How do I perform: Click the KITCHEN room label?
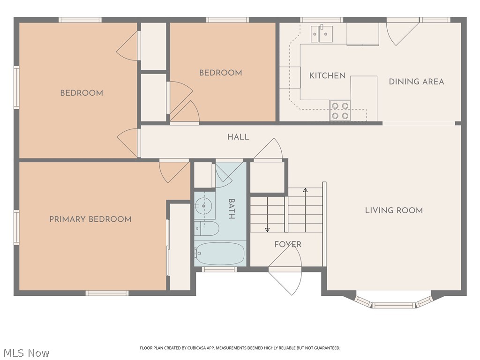(x=327, y=75)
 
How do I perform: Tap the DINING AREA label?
(x=416, y=82)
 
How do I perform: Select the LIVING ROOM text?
(x=394, y=210)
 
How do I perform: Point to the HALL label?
(x=238, y=137)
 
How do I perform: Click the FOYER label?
(x=288, y=244)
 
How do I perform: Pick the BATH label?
(x=232, y=209)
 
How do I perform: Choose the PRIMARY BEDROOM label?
(x=90, y=219)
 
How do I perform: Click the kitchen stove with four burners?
(x=340, y=111)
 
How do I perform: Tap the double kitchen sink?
(x=322, y=34)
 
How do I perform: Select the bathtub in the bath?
(x=220, y=254)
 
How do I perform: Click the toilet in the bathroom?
(x=207, y=228)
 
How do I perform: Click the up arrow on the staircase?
(x=305, y=210)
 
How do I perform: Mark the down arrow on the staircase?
(x=267, y=214)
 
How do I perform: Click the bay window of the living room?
(x=394, y=302)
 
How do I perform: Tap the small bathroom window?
(x=219, y=270)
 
